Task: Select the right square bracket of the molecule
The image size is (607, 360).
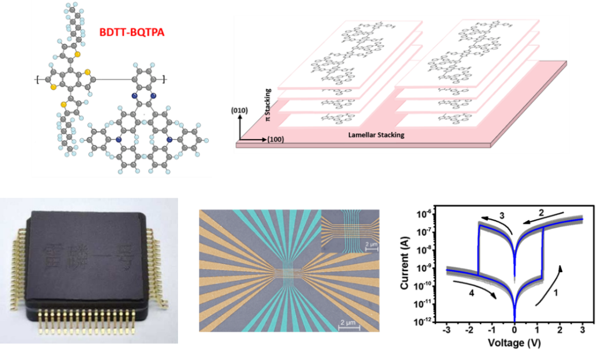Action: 165,79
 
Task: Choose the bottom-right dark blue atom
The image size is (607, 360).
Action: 169,139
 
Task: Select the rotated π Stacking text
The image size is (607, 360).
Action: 268,105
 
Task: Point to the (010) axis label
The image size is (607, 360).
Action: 240,109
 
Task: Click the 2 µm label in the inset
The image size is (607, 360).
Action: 371,244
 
